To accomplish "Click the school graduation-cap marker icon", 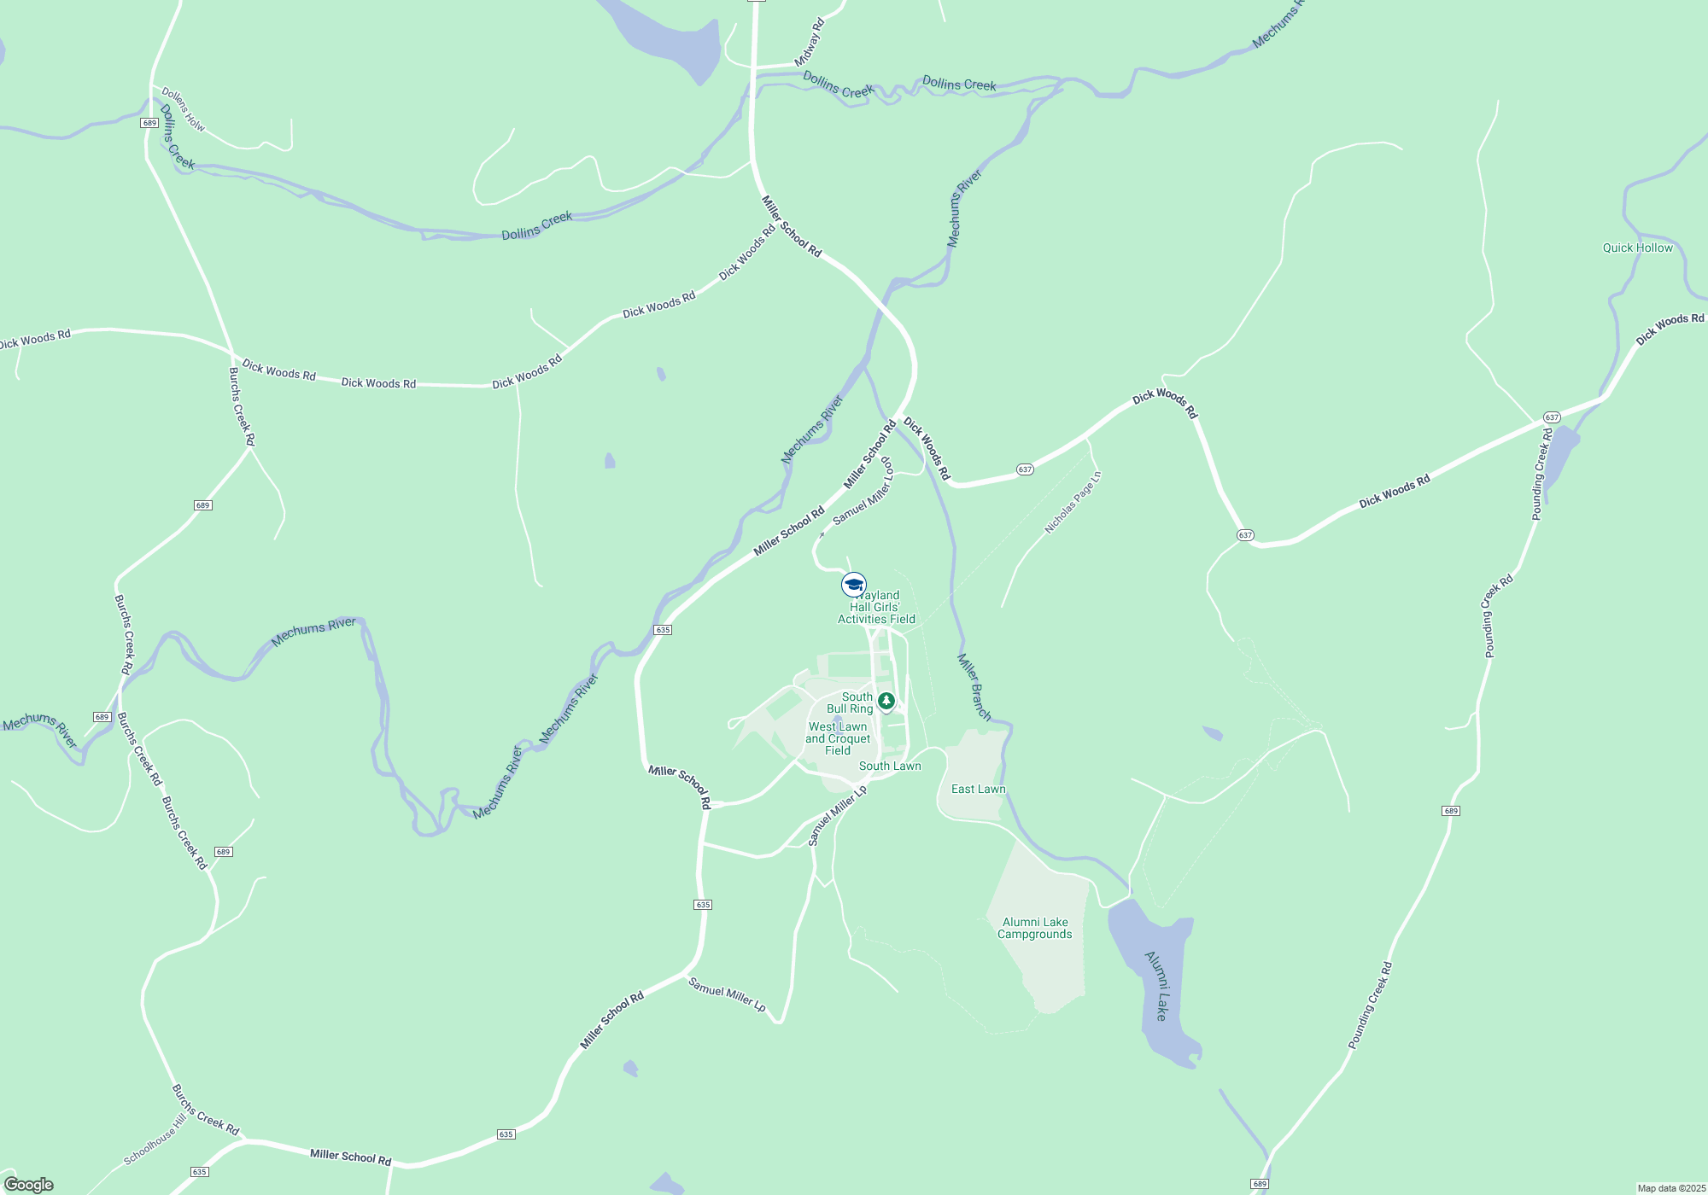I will tap(853, 585).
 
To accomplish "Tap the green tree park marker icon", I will tap(886, 701).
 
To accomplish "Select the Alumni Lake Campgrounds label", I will tap(1035, 928).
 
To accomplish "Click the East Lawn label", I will tap(979, 790).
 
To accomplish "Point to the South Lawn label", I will tap(890, 767).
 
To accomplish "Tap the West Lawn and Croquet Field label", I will tap(838, 739).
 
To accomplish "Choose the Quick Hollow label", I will tap(1637, 248).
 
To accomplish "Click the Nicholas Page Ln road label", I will tap(1073, 504).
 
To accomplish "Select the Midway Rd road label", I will tap(810, 43).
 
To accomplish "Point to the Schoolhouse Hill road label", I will tap(155, 1140).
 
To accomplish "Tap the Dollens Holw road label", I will tap(184, 109).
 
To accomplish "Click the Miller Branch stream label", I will tap(974, 687).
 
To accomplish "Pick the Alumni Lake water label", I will tap(1156, 986).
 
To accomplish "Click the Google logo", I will tap(29, 1185).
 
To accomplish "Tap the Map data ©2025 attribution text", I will tap(1671, 1188).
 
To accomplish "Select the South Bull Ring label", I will tap(850, 703).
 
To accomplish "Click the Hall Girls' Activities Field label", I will tap(876, 608).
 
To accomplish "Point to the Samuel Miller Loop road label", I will tap(863, 492).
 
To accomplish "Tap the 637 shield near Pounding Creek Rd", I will tap(1552, 417).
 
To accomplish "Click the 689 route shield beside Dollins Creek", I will tap(149, 123).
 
